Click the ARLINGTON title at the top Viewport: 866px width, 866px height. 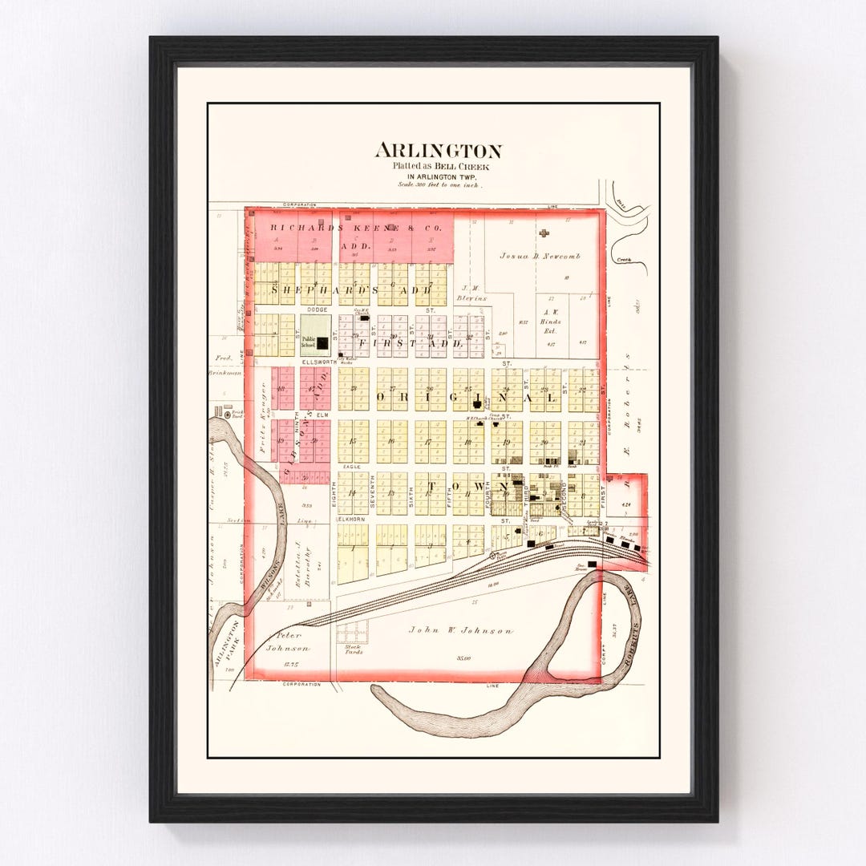438,151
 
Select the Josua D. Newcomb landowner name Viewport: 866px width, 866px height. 540,257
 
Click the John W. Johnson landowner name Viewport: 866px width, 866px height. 460,630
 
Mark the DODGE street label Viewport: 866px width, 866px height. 317,310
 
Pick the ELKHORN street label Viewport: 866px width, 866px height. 350,520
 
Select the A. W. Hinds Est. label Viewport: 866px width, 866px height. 551,322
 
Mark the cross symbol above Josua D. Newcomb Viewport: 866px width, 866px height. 544,233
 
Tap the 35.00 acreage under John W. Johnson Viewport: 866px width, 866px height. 462,658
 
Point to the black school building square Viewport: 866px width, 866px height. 322,343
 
